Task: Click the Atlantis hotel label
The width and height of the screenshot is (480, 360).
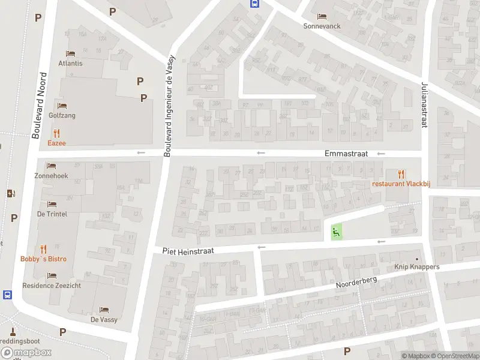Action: tap(70, 63)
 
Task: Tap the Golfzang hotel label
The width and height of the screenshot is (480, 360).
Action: tap(62, 115)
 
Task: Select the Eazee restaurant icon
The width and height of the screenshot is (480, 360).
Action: tap(57, 133)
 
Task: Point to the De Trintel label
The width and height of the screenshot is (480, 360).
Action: tap(52, 214)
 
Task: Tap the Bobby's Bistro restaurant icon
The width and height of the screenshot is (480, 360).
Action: tap(43, 248)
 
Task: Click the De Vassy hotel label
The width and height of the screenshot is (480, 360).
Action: tap(104, 319)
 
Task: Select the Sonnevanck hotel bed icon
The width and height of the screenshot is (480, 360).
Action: tap(323, 16)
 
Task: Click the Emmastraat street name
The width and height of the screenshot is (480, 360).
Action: tap(346, 154)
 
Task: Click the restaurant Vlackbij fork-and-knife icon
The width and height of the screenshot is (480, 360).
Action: tap(401, 173)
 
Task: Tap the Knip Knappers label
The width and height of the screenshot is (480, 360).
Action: tap(416, 266)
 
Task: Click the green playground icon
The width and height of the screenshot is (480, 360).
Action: tap(337, 230)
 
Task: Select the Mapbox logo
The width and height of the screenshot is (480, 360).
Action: tap(26, 353)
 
